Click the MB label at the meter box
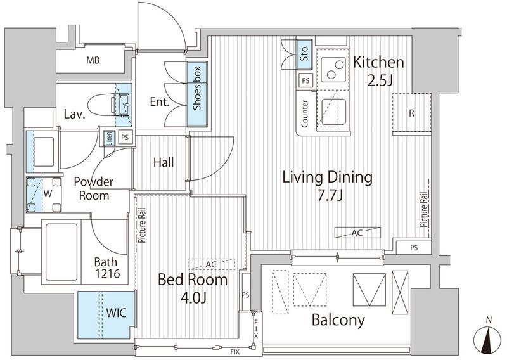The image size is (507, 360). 93,60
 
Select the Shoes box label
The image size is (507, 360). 196,88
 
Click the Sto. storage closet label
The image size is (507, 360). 304,53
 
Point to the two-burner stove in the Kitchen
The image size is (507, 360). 333,70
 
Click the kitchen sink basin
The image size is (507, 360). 334,112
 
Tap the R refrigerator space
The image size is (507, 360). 411,113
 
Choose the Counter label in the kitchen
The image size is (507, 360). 305,113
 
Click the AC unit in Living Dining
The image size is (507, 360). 357,232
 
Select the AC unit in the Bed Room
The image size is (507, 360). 212,264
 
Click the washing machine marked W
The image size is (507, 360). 44,195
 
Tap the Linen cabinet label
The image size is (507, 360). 109,138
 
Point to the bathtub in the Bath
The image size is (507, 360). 61,252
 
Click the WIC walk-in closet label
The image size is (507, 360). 116,312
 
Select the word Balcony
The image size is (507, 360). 338,319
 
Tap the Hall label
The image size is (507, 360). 164,162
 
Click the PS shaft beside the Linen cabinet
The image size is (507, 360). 125,137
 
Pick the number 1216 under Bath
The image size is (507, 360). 107,274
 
